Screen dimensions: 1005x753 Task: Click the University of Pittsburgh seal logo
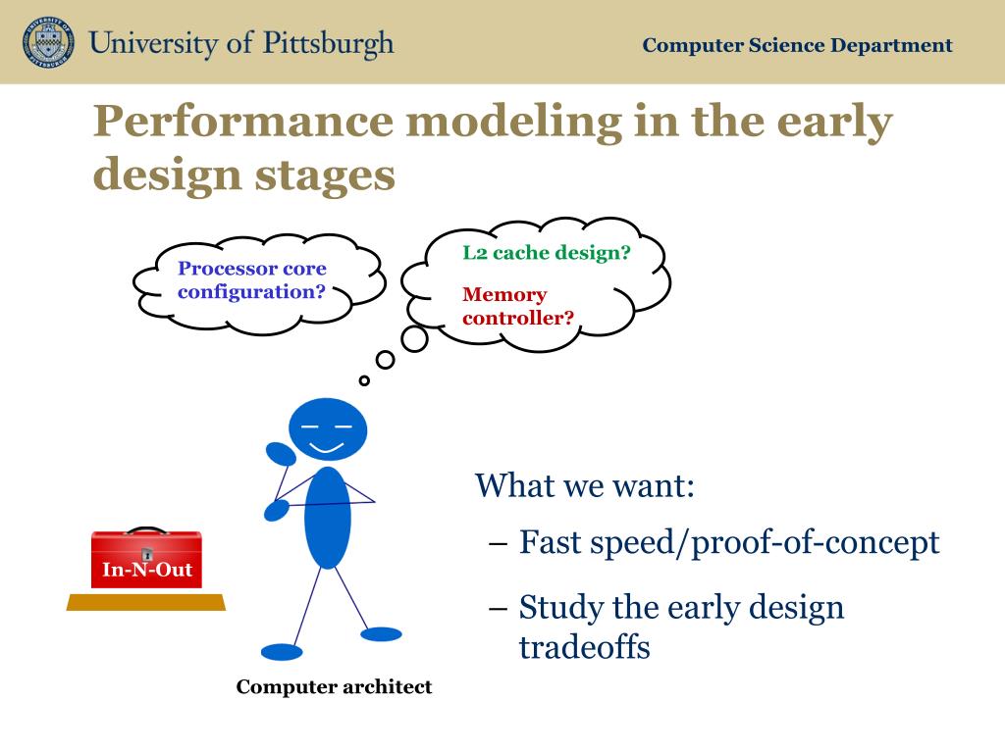48,42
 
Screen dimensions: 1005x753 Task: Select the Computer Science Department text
797,45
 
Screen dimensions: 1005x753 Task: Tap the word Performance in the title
243,123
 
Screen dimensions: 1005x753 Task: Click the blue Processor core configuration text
252,279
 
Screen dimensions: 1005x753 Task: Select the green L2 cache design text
547,253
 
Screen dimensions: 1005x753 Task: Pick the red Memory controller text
518,306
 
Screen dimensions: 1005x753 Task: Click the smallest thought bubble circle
364,381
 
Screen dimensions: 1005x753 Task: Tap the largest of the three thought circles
415,339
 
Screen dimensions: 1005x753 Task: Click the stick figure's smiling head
328,429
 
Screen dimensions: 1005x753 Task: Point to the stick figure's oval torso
328,518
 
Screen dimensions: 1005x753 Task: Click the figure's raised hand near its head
281,454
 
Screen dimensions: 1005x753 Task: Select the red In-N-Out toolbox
147,559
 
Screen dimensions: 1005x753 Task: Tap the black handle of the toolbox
146,530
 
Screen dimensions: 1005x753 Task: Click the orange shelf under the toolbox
146,603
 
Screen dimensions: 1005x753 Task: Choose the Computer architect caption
334,687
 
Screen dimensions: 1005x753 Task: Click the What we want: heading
585,485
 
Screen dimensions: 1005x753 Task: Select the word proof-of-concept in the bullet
816,543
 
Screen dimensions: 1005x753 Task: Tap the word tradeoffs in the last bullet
585,647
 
